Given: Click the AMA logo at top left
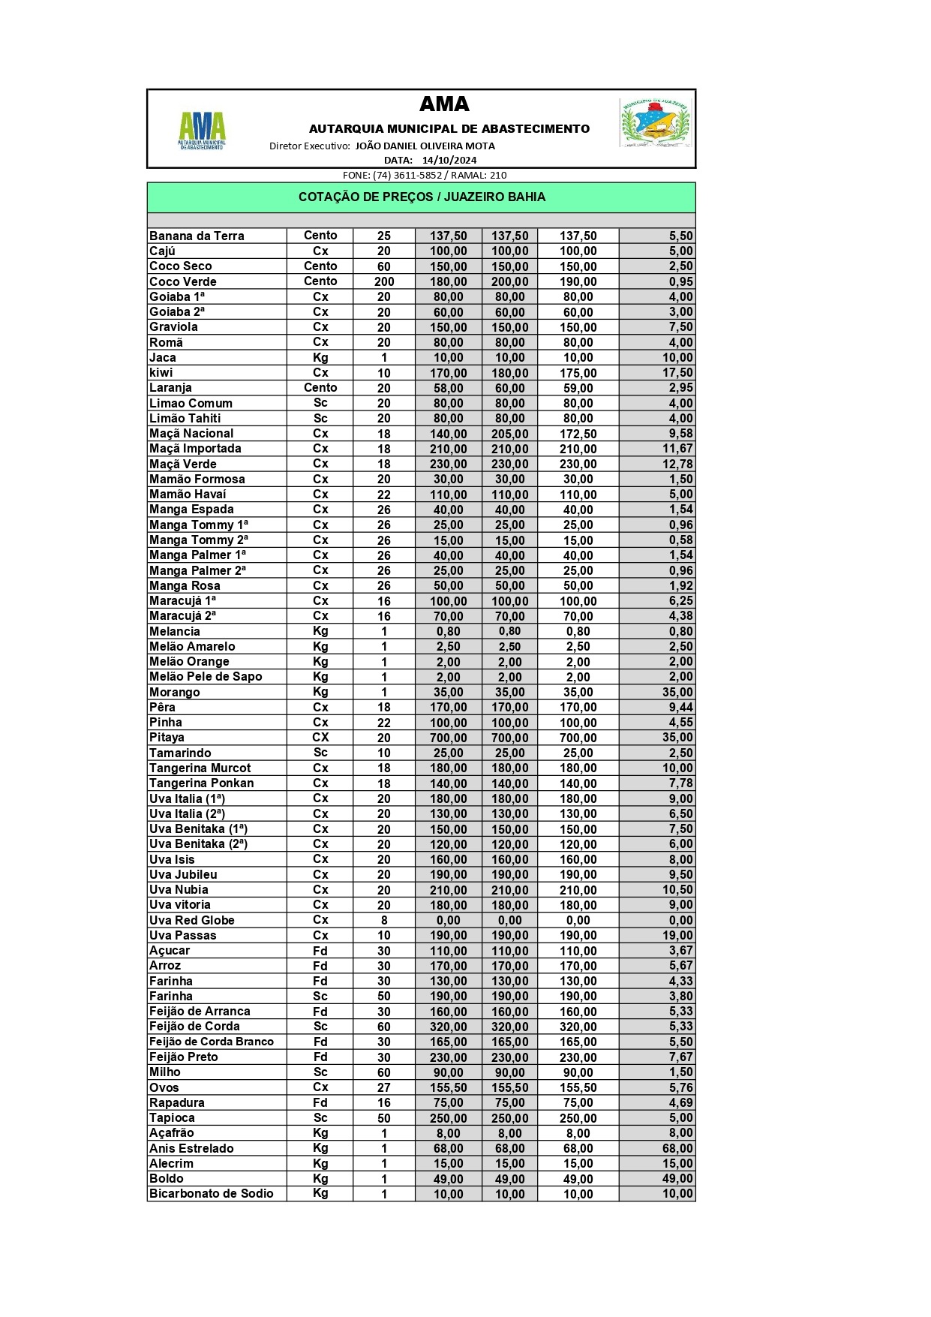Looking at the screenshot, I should pyautogui.click(x=201, y=129).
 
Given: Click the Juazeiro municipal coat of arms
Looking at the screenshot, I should pyautogui.click(x=655, y=122).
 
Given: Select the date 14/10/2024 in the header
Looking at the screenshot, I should pyautogui.click(x=449, y=160).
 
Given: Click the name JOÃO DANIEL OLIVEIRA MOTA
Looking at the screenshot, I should pyautogui.click(x=425, y=146).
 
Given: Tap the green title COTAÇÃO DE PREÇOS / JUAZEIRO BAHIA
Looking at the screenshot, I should pyautogui.click(x=422, y=197).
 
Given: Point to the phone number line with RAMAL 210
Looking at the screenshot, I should pyautogui.click(x=425, y=176).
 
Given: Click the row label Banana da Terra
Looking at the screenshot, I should pyautogui.click(x=197, y=236).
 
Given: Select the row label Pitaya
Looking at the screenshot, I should pyautogui.click(x=167, y=738).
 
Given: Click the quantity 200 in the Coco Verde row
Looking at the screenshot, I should pyautogui.click(x=384, y=281).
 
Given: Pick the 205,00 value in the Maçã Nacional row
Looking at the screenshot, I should pyautogui.click(x=509, y=434).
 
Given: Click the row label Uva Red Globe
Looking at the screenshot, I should pyautogui.click(x=192, y=920).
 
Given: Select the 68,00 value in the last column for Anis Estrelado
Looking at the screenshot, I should pyautogui.click(x=677, y=1148).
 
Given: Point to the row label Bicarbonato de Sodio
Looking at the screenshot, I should pyautogui.click(x=211, y=1193).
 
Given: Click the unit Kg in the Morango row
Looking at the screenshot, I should pyautogui.click(x=320, y=692).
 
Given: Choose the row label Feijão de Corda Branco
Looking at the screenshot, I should pyautogui.click(x=212, y=1042).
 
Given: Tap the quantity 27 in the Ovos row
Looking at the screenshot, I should pyautogui.click(x=384, y=1087).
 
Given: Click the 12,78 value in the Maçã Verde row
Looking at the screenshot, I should pyautogui.click(x=677, y=464).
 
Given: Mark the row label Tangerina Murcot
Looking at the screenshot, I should pyautogui.click(x=200, y=768).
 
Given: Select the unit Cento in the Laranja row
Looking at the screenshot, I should pyautogui.click(x=320, y=388).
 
